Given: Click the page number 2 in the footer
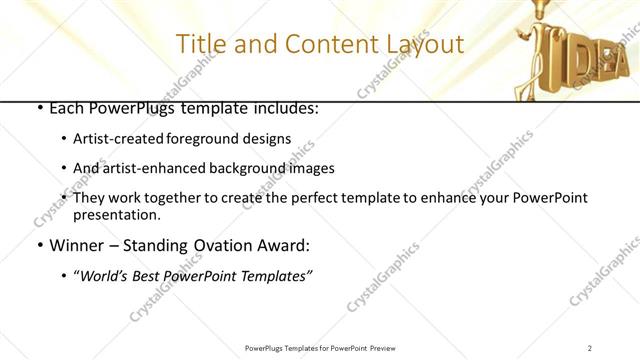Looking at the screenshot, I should point(590,347).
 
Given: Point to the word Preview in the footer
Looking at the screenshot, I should point(388,347).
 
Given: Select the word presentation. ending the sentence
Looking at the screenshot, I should point(116,214).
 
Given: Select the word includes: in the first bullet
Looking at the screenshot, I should point(284,107).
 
